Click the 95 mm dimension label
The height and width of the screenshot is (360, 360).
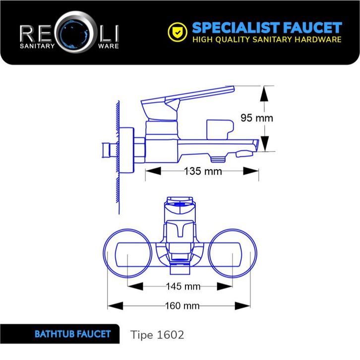tap(256, 118)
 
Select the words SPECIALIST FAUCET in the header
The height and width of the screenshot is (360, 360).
tap(267, 27)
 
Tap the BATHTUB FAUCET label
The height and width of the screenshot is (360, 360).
tap(72, 334)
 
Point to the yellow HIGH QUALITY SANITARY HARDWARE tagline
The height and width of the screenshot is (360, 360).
tap(267, 40)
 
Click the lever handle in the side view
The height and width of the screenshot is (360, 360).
tap(198, 96)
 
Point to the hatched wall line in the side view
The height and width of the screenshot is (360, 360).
tap(118, 159)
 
